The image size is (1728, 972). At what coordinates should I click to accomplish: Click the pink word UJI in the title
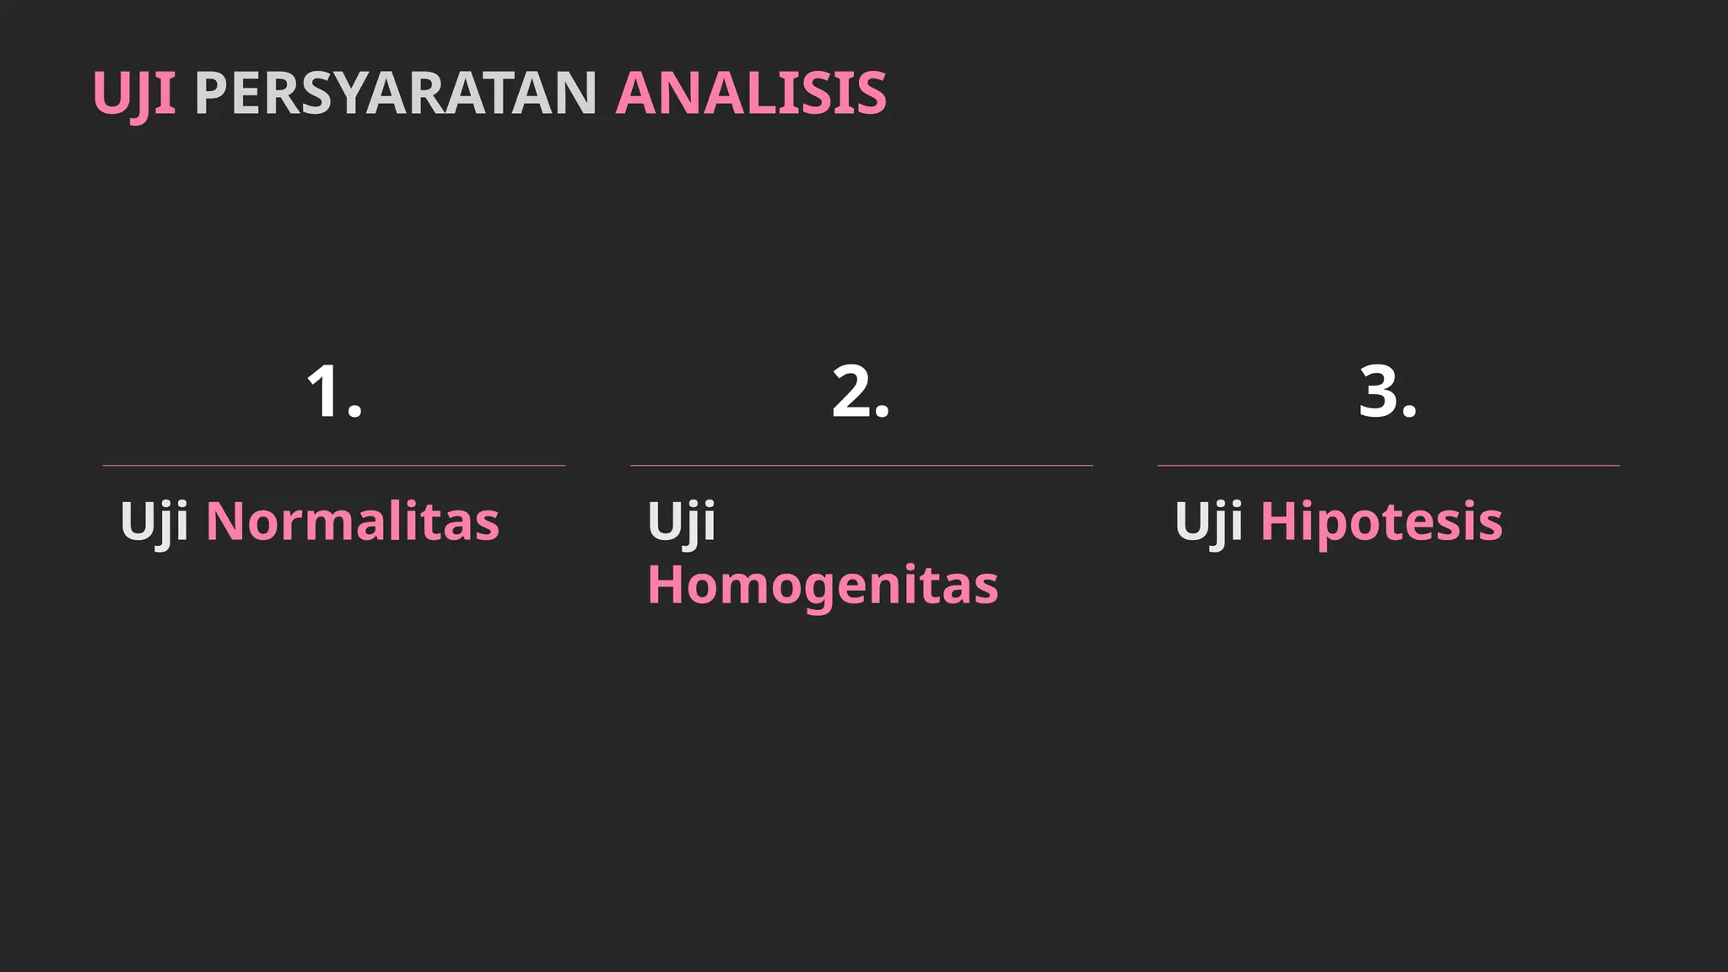(x=134, y=93)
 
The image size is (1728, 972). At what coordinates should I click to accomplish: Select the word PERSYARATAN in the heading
(x=396, y=93)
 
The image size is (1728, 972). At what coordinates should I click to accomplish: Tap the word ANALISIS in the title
(x=751, y=93)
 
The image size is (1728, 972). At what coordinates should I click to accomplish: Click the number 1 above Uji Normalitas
(x=324, y=391)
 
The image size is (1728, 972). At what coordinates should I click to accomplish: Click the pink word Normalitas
(x=353, y=521)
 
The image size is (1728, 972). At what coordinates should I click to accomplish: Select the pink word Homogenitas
(x=823, y=585)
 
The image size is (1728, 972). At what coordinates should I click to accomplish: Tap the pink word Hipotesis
(x=1381, y=521)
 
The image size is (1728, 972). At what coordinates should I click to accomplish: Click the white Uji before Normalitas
(x=154, y=521)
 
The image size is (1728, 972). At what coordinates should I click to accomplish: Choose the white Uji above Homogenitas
(x=681, y=521)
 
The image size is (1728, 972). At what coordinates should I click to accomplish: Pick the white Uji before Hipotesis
(x=1208, y=521)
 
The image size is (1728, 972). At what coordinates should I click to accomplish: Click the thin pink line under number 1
(x=334, y=465)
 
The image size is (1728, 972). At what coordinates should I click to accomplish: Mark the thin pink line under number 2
(x=861, y=465)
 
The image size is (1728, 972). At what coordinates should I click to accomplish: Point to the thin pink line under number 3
(x=1389, y=465)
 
